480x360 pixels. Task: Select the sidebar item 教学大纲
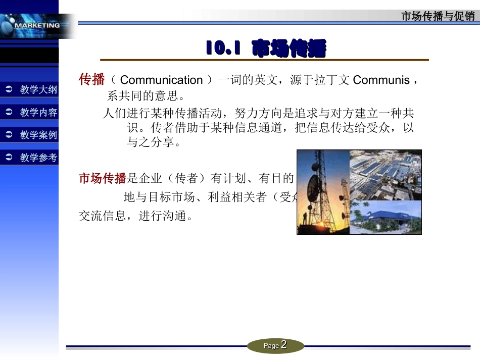(38, 90)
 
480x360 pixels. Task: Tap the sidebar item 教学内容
(38, 113)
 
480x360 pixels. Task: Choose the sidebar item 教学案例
(38, 135)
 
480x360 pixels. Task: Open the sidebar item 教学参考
(38, 158)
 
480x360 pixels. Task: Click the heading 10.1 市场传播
(266, 49)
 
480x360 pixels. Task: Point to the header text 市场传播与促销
(438, 16)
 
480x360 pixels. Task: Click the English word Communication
(161, 80)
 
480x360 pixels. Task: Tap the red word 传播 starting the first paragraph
(91, 80)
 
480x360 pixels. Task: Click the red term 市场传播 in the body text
(102, 178)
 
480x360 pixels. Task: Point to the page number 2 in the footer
(284, 345)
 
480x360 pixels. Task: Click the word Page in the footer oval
(271, 346)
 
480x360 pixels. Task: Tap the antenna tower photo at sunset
(323, 192)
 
